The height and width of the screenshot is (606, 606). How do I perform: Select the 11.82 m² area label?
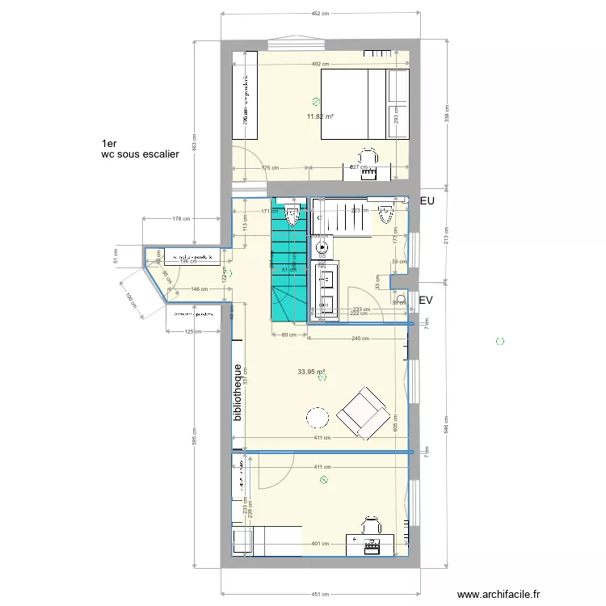tap(320, 116)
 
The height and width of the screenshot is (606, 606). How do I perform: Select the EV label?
tap(427, 301)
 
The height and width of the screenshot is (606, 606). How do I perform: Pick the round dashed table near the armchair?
tap(316, 418)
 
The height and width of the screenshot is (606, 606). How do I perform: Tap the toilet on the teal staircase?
tap(292, 217)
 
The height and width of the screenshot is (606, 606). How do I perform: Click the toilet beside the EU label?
tap(387, 216)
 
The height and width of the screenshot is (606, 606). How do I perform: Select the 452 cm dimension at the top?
tap(321, 14)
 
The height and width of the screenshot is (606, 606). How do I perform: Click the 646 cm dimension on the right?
tap(446, 429)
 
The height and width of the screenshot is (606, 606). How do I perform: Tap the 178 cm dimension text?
tap(181, 219)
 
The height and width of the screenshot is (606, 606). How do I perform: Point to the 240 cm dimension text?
tap(355, 339)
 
